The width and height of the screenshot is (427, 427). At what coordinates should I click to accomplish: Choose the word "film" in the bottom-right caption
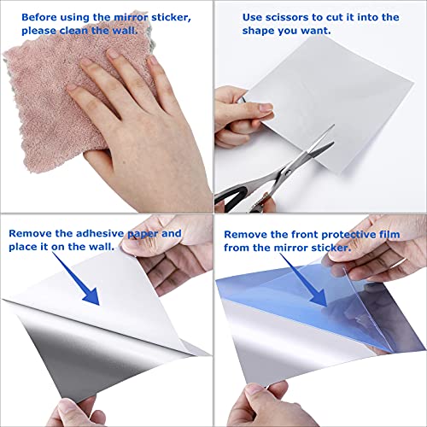385,232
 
